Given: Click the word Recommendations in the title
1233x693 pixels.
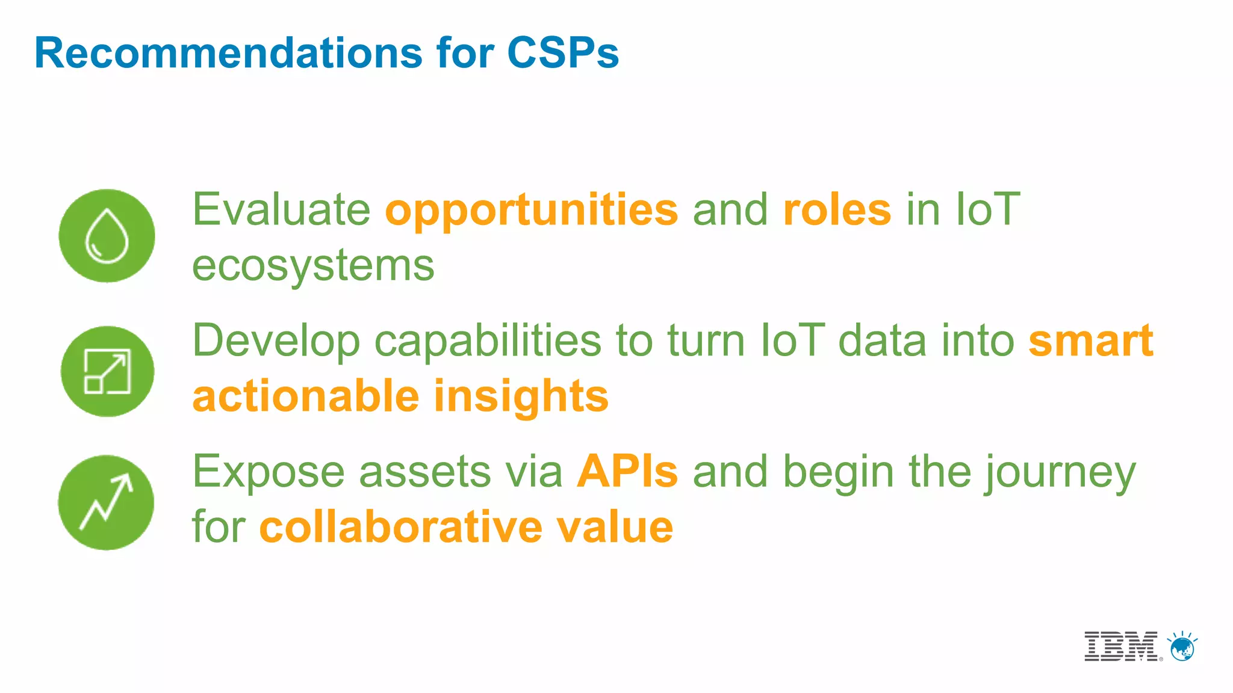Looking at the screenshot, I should (229, 53).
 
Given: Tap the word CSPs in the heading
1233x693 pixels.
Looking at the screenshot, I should (562, 53).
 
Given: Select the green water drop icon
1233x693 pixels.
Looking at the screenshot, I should (107, 236).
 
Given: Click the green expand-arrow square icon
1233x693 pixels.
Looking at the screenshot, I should (107, 371).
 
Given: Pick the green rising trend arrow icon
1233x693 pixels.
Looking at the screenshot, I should (106, 502).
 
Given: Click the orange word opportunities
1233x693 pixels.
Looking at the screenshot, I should (531, 211).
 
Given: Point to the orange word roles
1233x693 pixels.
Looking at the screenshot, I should (837, 211).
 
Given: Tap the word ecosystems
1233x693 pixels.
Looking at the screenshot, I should (313, 266).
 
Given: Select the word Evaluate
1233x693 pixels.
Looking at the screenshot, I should (281, 211).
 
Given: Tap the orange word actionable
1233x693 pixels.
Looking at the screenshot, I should (305, 396).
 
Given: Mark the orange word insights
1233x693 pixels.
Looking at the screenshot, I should (521, 398).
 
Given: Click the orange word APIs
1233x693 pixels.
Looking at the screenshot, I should (627, 472).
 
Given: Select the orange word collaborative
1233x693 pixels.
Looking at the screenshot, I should (400, 528).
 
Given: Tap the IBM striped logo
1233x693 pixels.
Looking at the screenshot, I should (1121, 647).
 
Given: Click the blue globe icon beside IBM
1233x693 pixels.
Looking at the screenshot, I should (1182, 648).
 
